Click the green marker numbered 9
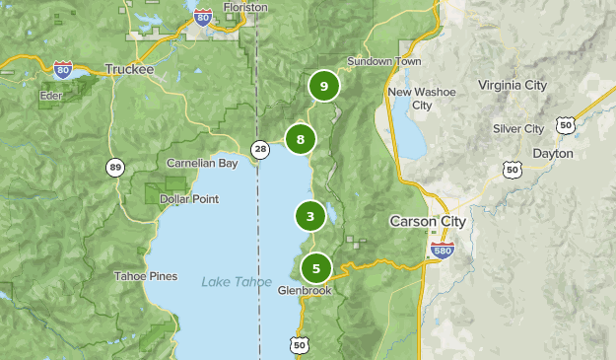tap(323, 87)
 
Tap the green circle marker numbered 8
tap(301, 139)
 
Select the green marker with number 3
tap(309, 216)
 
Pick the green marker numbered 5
tap(316, 267)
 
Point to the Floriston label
tap(246, 7)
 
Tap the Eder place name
tap(51, 95)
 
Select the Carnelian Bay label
tap(201, 163)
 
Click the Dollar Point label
tap(189, 198)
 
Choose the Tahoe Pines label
tap(145, 276)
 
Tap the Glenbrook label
tap(305, 291)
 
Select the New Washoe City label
tap(422, 98)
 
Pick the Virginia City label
tap(513, 85)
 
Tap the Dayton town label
tap(551, 153)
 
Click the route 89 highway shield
tap(116, 168)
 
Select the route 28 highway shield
tap(259, 149)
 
